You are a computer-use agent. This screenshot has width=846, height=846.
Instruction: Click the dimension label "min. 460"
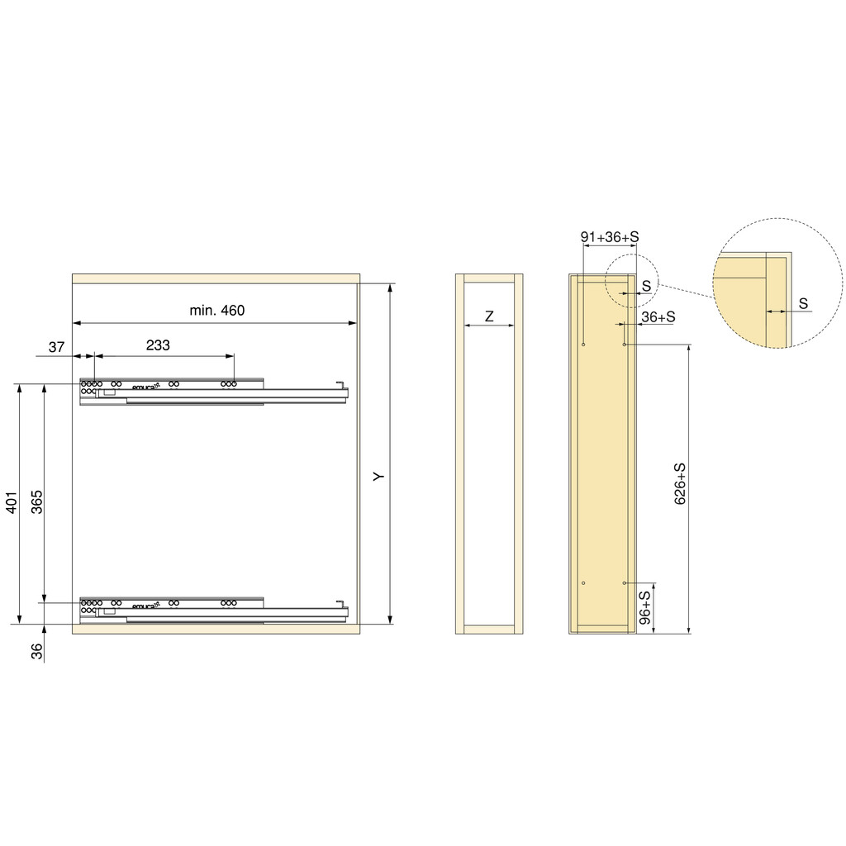217,311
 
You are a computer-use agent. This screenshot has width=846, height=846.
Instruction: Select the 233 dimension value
158,345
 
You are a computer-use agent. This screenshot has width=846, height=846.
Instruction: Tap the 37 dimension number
56,347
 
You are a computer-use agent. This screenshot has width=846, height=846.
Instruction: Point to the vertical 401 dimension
12,504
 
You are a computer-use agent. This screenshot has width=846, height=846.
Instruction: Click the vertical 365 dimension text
37,501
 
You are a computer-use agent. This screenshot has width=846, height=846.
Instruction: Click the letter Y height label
378,477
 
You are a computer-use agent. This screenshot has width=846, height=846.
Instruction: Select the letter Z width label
489,316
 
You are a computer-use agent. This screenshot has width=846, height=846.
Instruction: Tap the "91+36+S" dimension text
610,237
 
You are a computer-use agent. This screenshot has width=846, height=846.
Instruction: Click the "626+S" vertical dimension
681,484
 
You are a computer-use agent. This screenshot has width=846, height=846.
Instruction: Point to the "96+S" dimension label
645,606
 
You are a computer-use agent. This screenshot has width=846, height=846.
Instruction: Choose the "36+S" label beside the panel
658,316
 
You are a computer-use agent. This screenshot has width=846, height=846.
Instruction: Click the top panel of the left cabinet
216,278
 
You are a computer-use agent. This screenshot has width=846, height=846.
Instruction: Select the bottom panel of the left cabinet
216,629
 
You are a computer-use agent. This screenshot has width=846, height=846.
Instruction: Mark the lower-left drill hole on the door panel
583,583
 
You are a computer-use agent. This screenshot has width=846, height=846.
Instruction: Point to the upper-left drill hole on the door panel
583,344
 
